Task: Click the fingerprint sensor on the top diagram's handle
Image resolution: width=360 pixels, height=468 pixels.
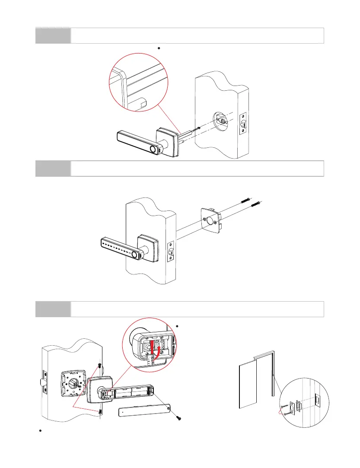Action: point(153,149)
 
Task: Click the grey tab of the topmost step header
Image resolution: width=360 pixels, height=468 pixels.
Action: point(53,35)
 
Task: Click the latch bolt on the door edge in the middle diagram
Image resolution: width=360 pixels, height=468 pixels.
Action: point(170,252)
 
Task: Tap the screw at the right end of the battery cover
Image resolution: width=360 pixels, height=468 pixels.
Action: point(179,417)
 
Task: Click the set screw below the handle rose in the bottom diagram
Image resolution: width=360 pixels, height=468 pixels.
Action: point(100,411)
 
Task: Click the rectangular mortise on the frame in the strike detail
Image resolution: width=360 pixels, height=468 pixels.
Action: point(317,401)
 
